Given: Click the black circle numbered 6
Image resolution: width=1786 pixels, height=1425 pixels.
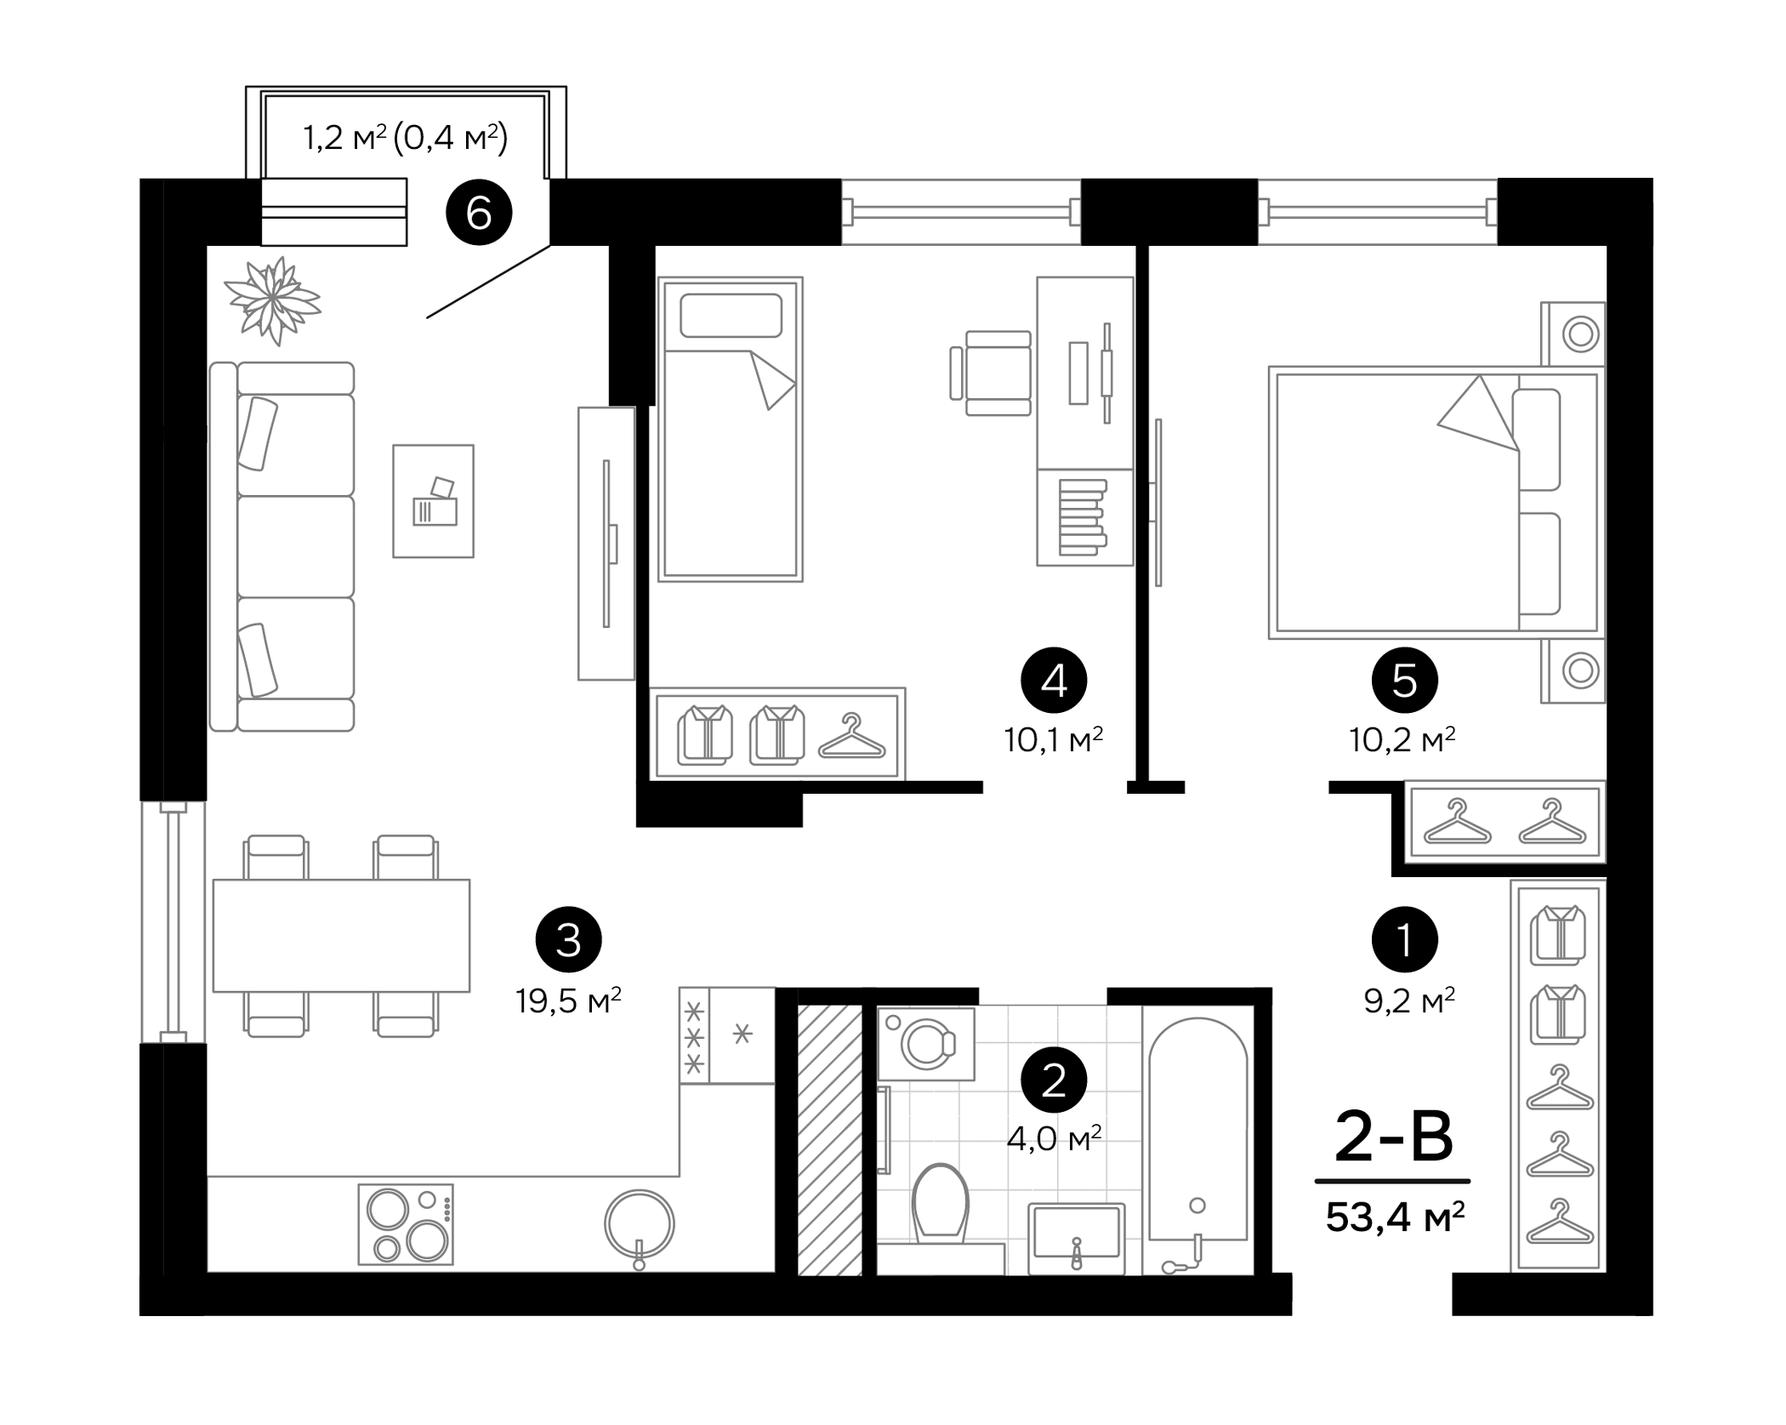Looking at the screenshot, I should (x=479, y=213).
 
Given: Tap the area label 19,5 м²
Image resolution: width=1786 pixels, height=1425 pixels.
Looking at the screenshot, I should (x=568, y=1000).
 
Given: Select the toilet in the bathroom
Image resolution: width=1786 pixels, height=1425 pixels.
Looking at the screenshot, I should (x=940, y=1204).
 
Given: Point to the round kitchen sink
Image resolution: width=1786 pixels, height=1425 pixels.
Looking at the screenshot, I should (x=639, y=1225).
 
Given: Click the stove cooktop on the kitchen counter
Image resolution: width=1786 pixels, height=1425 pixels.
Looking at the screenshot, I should (x=406, y=1224).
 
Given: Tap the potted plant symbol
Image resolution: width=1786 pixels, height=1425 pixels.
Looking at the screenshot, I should (x=272, y=299).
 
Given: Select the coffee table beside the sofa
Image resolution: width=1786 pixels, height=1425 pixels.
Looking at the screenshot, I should (x=433, y=501).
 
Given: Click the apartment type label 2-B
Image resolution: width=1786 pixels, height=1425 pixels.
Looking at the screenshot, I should (x=1393, y=1138).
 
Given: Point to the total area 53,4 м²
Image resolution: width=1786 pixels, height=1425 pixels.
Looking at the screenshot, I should (x=1395, y=1217).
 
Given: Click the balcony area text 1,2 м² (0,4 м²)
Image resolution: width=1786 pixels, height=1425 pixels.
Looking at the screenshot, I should (x=406, y=137).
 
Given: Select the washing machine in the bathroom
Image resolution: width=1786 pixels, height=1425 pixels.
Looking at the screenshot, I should (x=926, y=1043).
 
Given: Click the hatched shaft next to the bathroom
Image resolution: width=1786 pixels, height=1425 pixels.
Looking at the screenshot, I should (x=830, y=1140).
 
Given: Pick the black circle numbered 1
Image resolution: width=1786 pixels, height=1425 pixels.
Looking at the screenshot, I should (x=1404, y=939).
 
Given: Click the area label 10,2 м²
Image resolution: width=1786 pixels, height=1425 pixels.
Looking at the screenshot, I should (x=1402, y=739).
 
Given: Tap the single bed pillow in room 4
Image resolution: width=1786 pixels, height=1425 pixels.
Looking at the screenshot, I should (x=731, y=316).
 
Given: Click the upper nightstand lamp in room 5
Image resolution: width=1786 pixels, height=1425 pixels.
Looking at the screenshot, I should (x=1580, y=334).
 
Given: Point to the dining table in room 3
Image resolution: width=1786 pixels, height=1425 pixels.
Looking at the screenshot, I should (x=341, y=935).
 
